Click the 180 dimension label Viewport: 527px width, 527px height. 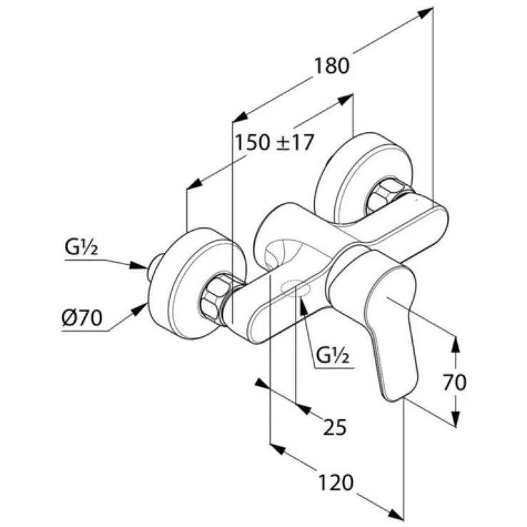tap(331, 66)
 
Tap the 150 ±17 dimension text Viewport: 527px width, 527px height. tap(274, 142)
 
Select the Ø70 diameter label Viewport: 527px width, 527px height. tap(81, 317)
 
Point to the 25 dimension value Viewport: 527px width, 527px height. tap(335, 427)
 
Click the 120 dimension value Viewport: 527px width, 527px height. tap(336, 483)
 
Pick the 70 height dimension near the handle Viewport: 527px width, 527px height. tap(454, 382)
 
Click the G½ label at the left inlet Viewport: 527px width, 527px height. tap(81, 248)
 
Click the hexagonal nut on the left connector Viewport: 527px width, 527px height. tap(215, 296)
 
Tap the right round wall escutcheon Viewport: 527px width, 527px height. tap(365, 178)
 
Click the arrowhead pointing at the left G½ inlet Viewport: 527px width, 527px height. tap(139, 265)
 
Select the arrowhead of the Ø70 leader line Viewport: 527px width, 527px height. tap(139, 309)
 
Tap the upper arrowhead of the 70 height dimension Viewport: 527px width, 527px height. tap(455, 343)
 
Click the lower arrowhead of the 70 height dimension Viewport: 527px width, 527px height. tap(455, 418)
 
